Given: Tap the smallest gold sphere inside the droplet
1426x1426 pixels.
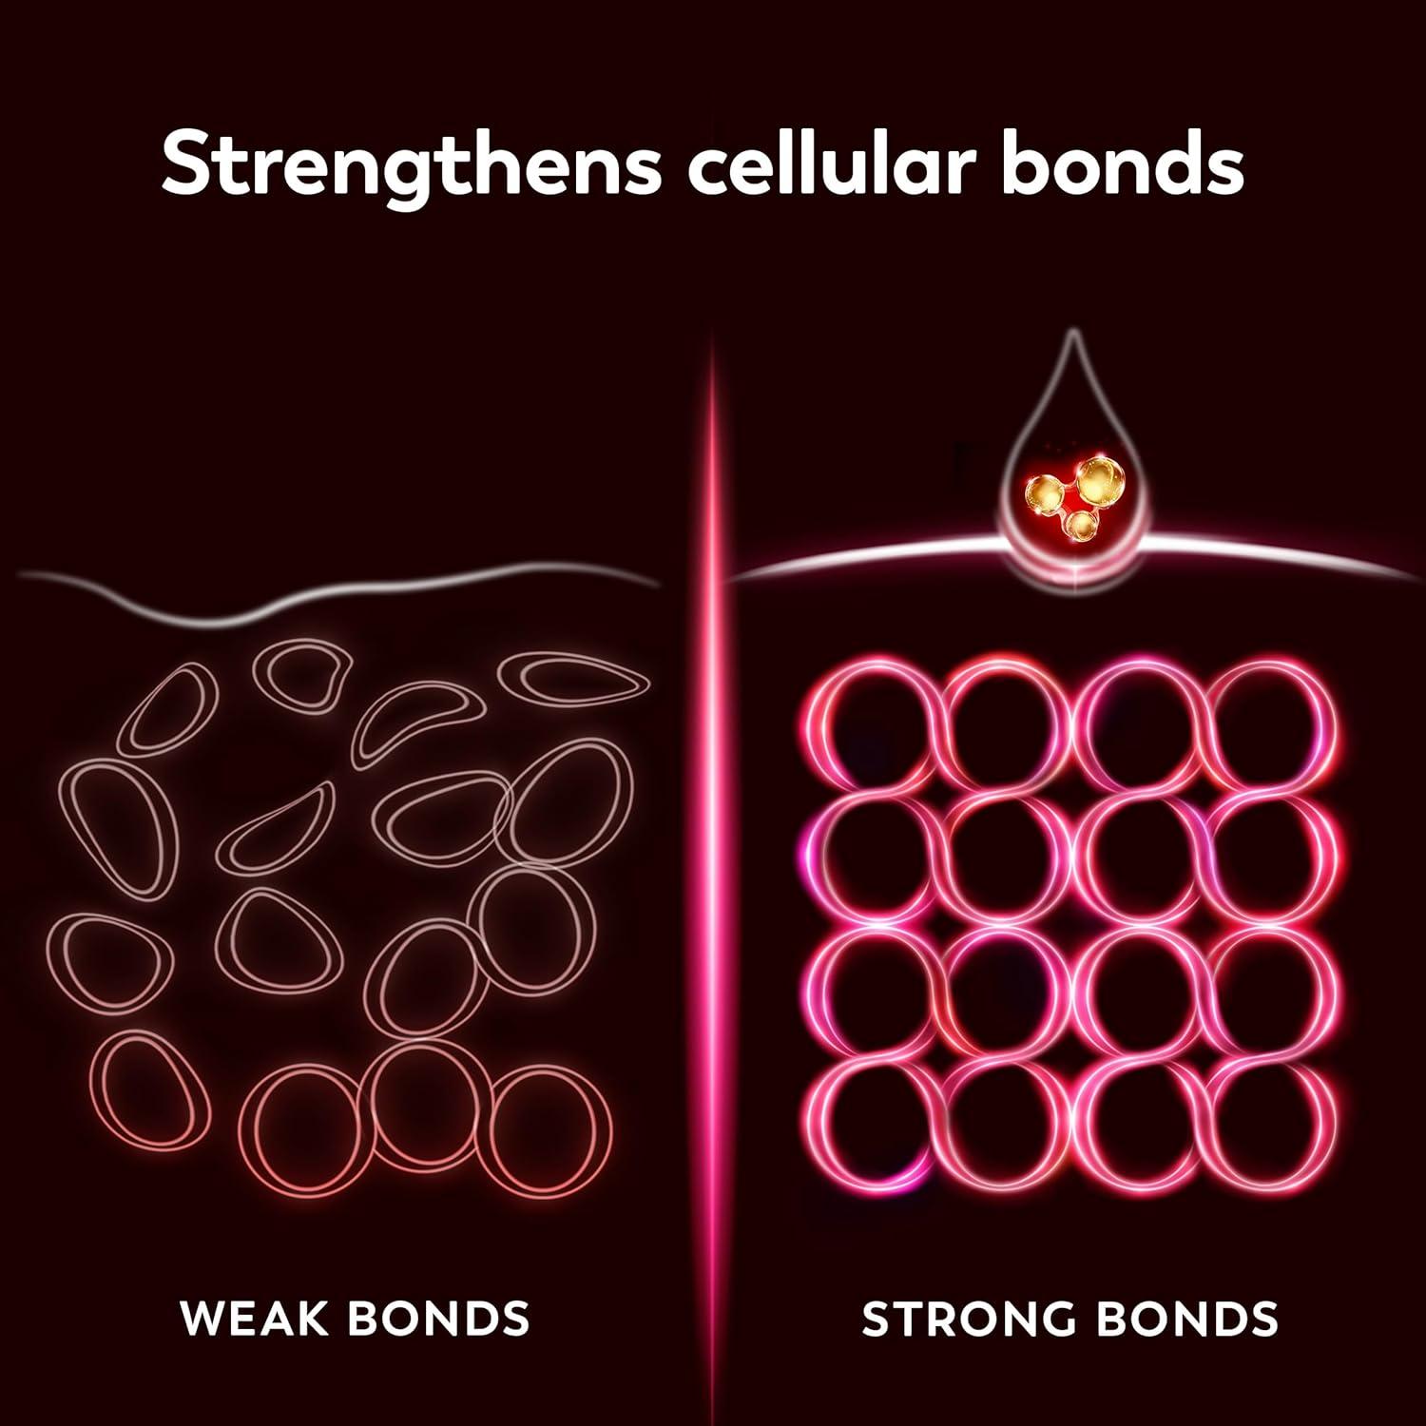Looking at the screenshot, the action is pyautogui.click(x=1079, y=525).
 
